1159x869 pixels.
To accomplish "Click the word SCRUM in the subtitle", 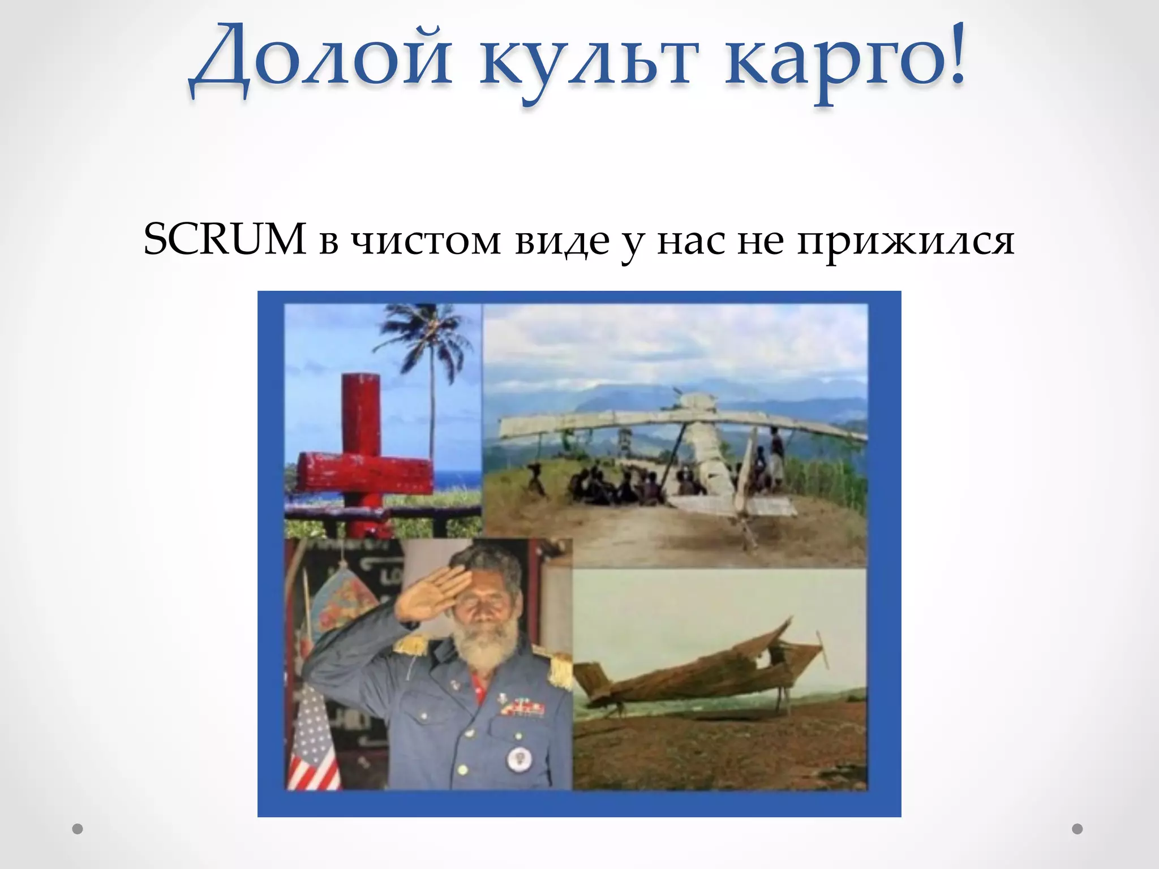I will click(225, 239).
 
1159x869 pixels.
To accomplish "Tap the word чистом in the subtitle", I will click(426, 241).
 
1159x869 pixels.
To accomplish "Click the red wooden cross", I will click(362, 453).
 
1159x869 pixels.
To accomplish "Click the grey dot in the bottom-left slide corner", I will click(78, 829).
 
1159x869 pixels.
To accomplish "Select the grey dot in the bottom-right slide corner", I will click(1078, 829).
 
